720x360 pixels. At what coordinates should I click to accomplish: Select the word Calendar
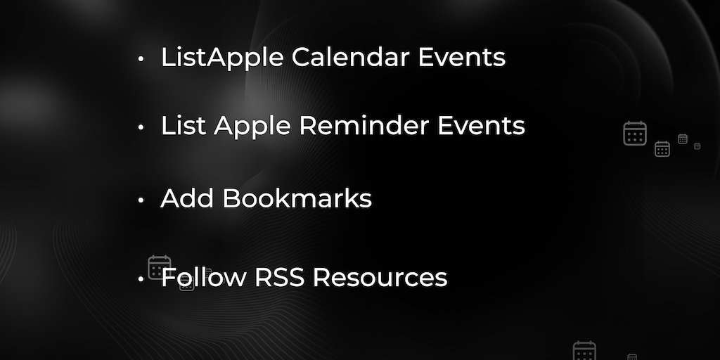(x=350, y=57)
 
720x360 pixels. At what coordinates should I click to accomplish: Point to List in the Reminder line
(x=184, y=126)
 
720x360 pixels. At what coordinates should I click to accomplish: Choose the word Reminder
(x=364, y=126)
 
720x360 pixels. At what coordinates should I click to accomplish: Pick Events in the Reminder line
(x=481, y=126)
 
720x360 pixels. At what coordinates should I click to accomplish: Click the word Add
(x=187, y=198)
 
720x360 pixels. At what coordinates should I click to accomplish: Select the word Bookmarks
(x=297, y=198)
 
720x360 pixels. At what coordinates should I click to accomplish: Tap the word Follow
(x=204, y=277)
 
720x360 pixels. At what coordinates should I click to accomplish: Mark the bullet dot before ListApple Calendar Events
(x=141, y=59)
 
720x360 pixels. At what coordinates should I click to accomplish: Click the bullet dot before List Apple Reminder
(x=141, y=127)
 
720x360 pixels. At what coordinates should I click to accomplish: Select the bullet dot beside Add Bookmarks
(x=141, y=200)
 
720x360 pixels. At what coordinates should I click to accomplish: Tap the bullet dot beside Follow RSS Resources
(x=141, y=278)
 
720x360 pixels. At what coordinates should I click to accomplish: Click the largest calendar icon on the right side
(x=635, y=134)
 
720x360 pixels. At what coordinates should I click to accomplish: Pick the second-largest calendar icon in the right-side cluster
(x=662, y=149)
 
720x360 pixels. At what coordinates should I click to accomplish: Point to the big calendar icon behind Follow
(x=160, y=267)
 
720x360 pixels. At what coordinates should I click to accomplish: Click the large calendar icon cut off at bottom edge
(x=584, y=350)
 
